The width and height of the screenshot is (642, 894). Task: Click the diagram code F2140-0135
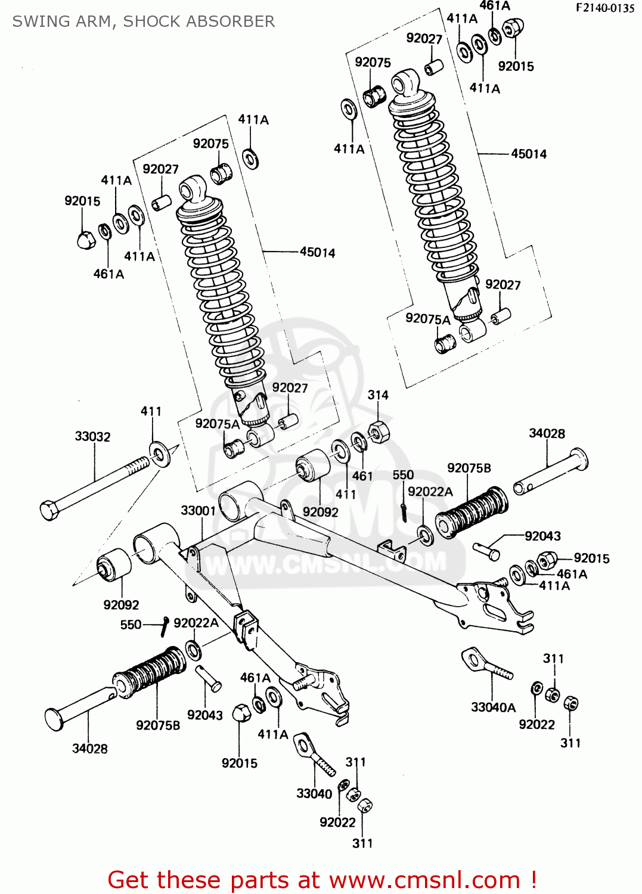pos(604,8)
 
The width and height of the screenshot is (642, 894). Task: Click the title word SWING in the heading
pos(38,21)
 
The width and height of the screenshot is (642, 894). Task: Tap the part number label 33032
pos(92,436)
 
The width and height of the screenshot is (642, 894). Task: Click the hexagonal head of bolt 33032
pos(49,510)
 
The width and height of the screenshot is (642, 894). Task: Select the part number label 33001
pos(198,511)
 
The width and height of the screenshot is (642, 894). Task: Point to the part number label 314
pos(378,395)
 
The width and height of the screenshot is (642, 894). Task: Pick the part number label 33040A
pos(493,707)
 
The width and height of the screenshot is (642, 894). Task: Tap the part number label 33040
pos(314,794)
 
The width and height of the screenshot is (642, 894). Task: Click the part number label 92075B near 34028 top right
pos(469,468)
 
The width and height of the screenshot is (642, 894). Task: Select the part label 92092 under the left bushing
pos(121,605)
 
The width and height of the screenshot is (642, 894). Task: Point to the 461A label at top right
pos(495,6)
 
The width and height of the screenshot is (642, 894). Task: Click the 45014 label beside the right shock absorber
pos(529,154)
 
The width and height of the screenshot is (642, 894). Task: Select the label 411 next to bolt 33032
pos(151,411)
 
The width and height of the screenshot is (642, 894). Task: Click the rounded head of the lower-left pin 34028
pos(54,719)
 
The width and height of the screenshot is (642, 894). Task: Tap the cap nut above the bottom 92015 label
pos(241,713)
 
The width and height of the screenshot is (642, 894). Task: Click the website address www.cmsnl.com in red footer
pos(425,880)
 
